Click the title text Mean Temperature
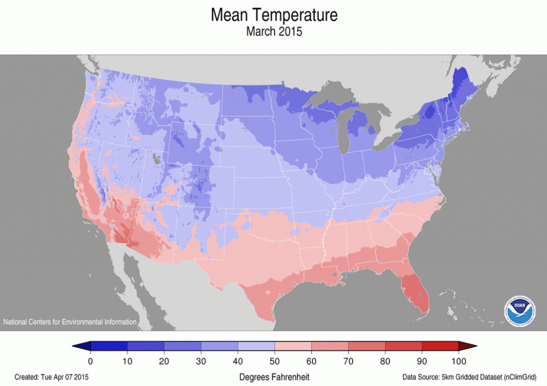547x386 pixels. (274, 15)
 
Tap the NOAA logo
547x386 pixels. (520, 310)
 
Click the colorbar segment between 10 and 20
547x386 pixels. (145, 347)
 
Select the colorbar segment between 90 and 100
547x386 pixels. (440, 347)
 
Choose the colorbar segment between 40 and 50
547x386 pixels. (256, 347)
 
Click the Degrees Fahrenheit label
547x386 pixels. (274, 376)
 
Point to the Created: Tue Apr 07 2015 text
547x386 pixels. (52, 376)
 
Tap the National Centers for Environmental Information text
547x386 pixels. (70, 322)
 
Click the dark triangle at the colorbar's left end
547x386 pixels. (81, 347)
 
